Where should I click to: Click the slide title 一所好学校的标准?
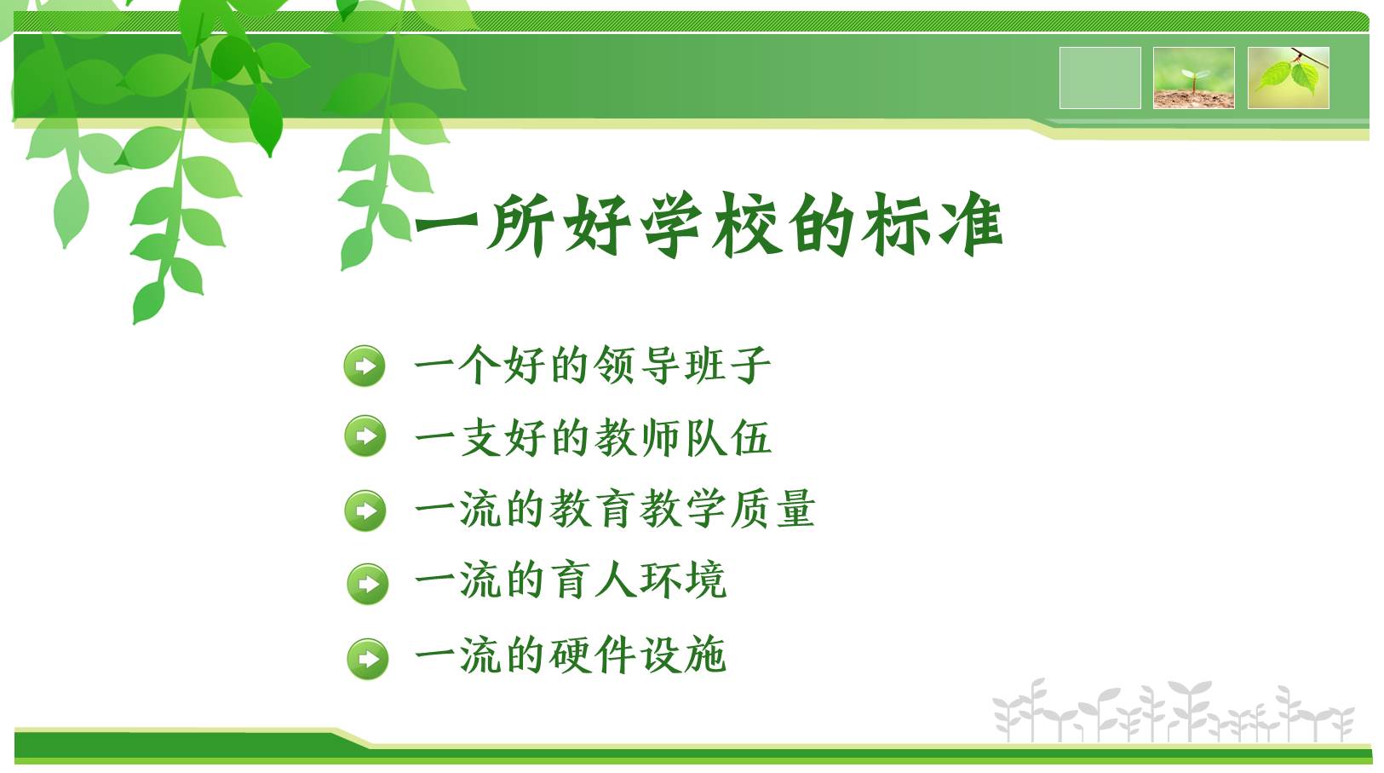click(x=709, y=224)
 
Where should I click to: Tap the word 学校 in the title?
click(x=711, y=224)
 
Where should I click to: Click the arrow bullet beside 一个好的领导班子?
click(x=365, y=366)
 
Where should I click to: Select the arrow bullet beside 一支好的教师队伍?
click(x=365, y=436)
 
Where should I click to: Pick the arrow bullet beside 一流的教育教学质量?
click(x=365, y=511)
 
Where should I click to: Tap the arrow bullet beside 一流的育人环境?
click(x=368, y=583)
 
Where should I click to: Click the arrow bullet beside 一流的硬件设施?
click(x=368, y=659)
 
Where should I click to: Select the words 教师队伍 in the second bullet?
click(x=683, y=438)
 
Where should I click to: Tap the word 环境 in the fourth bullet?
click(x=683, y=580)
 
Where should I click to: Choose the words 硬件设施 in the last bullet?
click(x=637, y=655)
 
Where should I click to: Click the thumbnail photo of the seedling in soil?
click(x=1194, y=78)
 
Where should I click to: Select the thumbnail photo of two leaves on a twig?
click(x=1289, y=78)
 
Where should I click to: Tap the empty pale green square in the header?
click(x=1100, y=78)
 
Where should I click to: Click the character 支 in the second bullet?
click(x=480, y=438)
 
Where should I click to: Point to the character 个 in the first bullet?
click(x=480, y=365)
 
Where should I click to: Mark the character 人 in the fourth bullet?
click(x=616, y=580)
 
